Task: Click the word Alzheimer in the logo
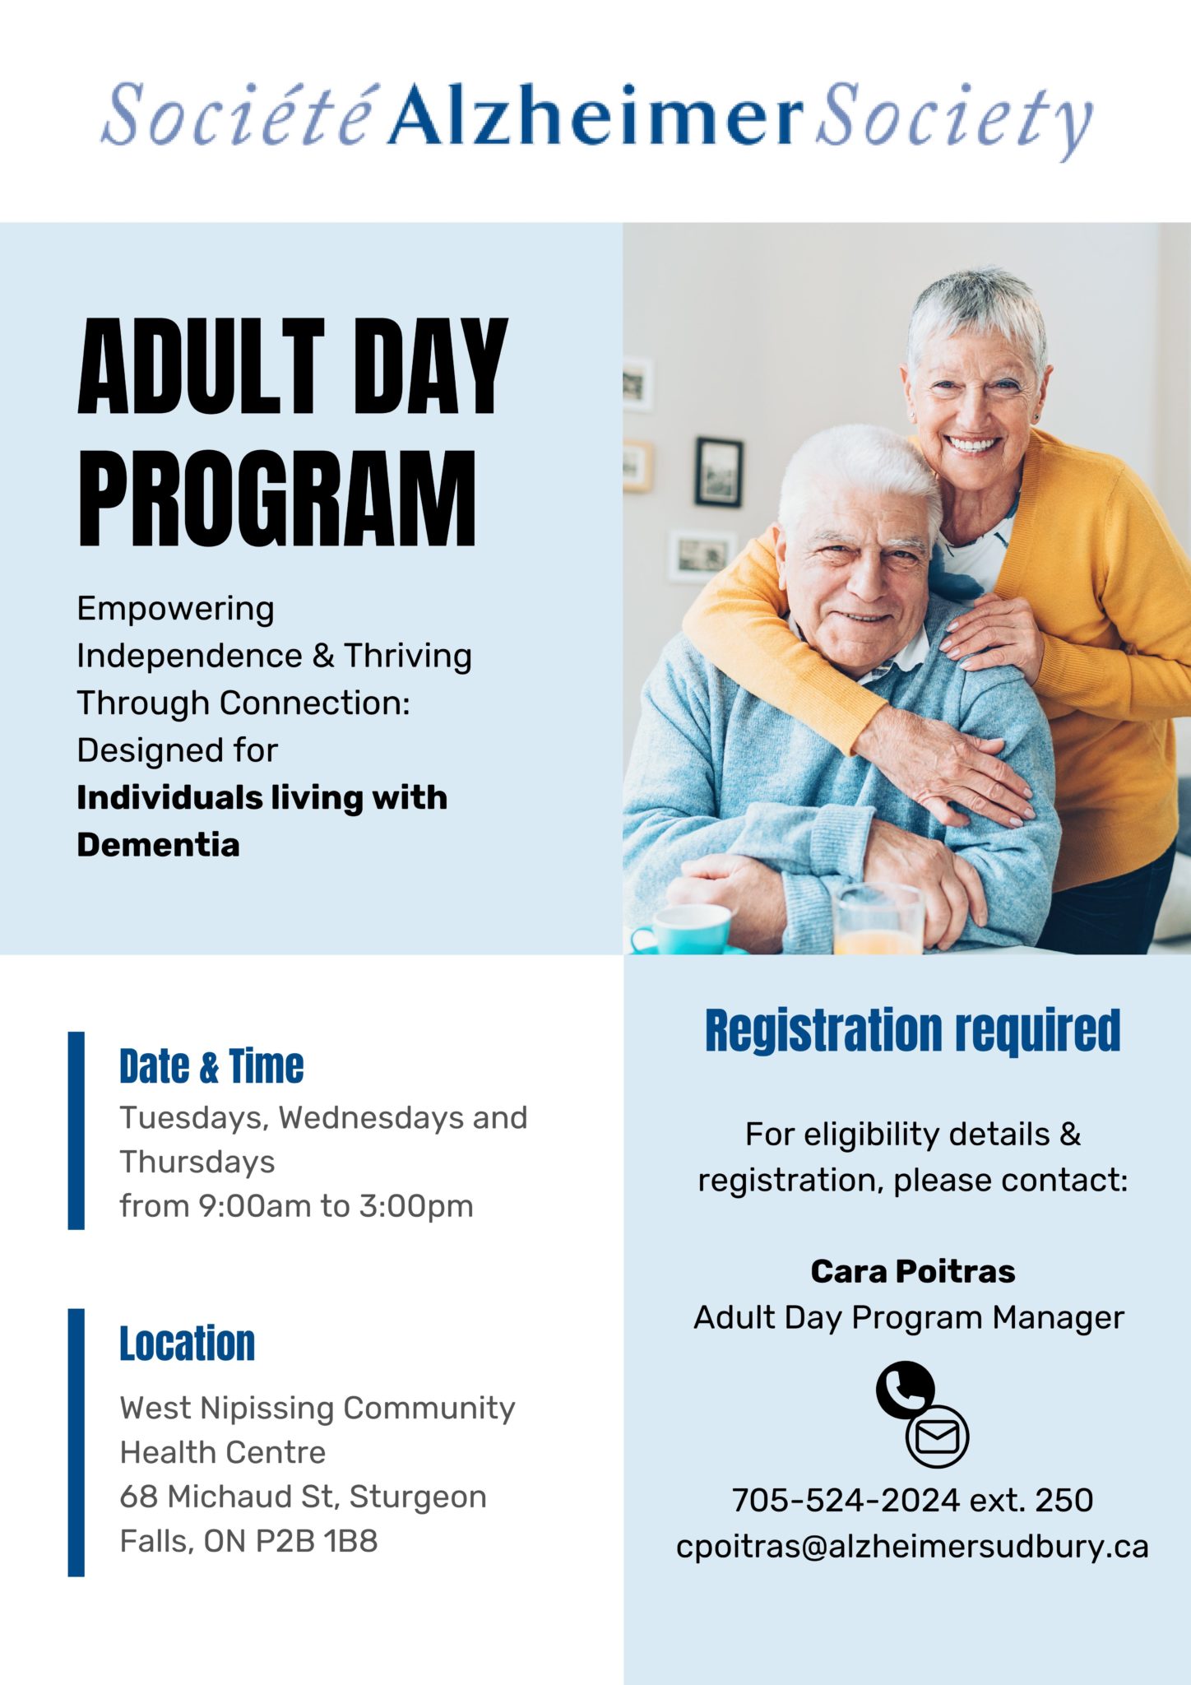595,115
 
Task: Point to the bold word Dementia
158,845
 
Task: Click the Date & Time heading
211,1066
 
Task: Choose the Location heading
188,1344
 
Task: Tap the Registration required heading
912,1031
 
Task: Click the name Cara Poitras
912,1271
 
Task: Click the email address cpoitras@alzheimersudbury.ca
912,1546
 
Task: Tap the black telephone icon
904,1390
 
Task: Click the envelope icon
937,1437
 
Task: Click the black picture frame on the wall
718,472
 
